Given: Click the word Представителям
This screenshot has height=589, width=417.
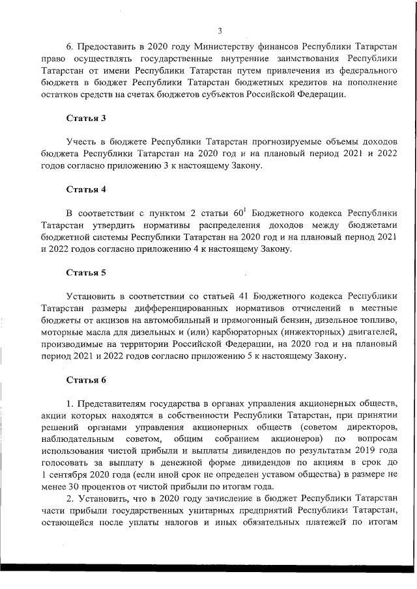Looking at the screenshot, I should tap(113, 402).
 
